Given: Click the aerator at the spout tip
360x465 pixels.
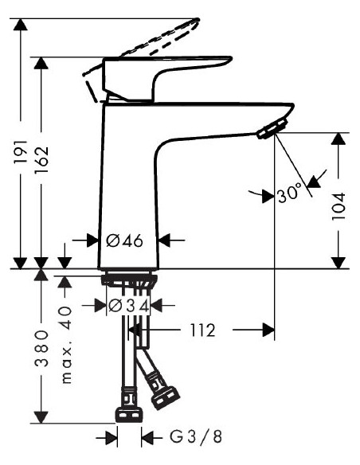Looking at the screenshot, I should (272, 129).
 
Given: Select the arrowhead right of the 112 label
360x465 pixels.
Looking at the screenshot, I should (268, 330).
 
